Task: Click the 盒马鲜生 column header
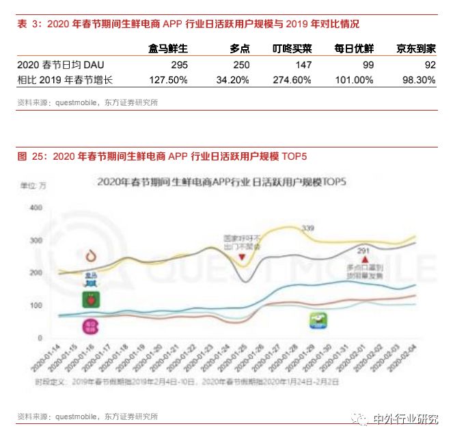point(168,49)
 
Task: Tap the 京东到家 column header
point(416,49)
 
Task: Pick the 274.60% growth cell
point(292,79)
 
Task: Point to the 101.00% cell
point(355,79)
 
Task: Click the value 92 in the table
point(430,65)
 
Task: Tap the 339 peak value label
point(307,227)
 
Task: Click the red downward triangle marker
point(241,258)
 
